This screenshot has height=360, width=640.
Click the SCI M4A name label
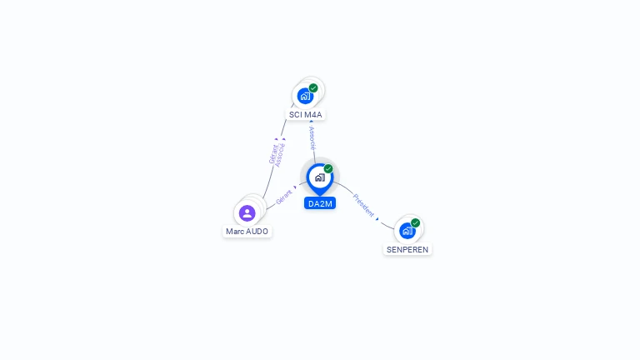(x=305, y=115)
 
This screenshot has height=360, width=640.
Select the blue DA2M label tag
(x=320, y=203)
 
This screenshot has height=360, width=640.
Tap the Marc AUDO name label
(x=247, y=232)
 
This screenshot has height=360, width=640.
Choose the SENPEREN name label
(x=407, y=249)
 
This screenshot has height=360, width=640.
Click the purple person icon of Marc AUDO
(x=247, y=213)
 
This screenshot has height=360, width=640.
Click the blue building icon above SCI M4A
(x=305, y=97)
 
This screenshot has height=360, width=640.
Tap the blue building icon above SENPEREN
(x=407, y=231)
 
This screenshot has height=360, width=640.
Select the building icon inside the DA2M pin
(x=320, y=177)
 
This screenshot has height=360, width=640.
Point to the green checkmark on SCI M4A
(x=313, y=87)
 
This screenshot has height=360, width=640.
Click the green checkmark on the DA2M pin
(x=328, y=168)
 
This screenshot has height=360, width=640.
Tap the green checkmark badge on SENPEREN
(x=415, y=222)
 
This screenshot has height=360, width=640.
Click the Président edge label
(x=363, y=205)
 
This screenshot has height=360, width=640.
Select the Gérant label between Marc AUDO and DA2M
(x=283, y=197)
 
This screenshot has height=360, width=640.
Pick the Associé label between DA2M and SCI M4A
(x=312, y=138)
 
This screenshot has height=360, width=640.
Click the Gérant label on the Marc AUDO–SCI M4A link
(x=273, y=154)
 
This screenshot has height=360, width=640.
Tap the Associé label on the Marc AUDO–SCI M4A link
(x=280, y=155)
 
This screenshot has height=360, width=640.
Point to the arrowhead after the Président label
(x=377, y=219)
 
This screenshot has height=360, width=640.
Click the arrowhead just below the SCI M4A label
(x=311, y=121)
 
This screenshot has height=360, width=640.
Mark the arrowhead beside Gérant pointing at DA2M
(x=295, y=187)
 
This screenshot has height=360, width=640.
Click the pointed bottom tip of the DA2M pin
(x=320, y=196)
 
